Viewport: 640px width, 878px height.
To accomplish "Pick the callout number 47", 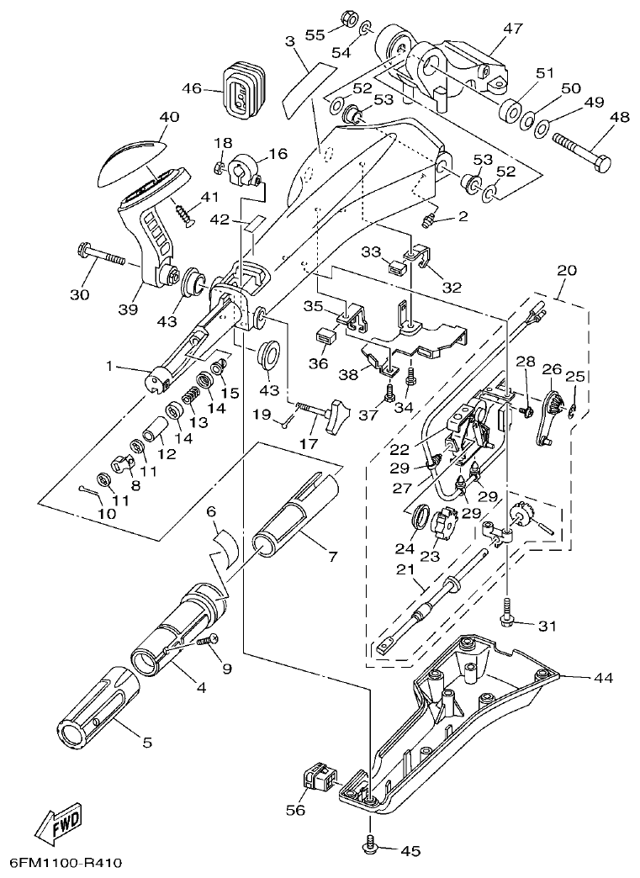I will pyautogui.click(x=512, y=28).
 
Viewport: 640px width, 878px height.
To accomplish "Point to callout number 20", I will pyautogui.click(x=567, y=271).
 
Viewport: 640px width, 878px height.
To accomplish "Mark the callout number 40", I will pyautogui.click(x=169, y=118).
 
